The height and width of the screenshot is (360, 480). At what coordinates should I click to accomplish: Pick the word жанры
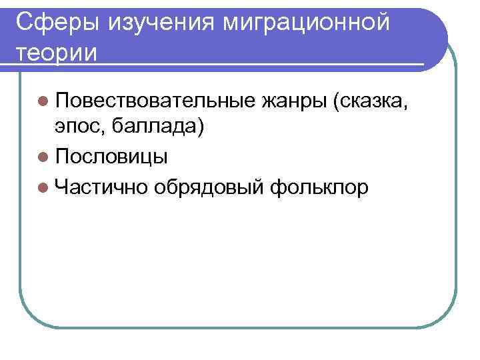pyautogui.click(x=293, y=101)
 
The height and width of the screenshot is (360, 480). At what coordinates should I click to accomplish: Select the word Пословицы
pyautogui.click(x=112, y=156)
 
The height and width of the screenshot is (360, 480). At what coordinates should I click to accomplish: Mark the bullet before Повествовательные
pyautogui.click(x=44, y=101)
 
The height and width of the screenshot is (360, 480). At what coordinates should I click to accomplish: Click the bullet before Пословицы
pyautogui.click(x=44, y=157)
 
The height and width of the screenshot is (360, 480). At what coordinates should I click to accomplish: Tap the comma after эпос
pyautogui.click(x=105, y=131)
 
